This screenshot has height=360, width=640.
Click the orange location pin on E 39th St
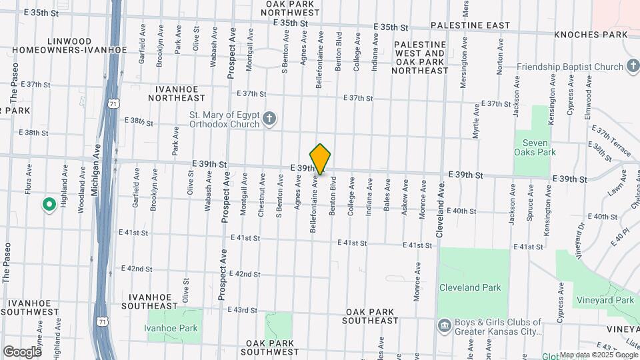pos(320,159)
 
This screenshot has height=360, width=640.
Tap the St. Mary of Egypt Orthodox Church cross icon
pos(269,119)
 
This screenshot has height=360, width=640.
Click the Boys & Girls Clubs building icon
pos(443,326)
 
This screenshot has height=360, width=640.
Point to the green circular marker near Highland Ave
pos(49,205)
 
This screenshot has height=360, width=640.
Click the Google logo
pos(22,351)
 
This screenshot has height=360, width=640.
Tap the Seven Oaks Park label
pos(535,147)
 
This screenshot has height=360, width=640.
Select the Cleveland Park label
pos(469,287)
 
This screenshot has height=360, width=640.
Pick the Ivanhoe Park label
pos(171,328)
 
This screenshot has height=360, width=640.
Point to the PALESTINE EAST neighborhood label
pos(470,26)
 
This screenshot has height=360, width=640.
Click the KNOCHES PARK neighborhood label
pos(593,35)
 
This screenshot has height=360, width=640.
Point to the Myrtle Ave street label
pos(476,121)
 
